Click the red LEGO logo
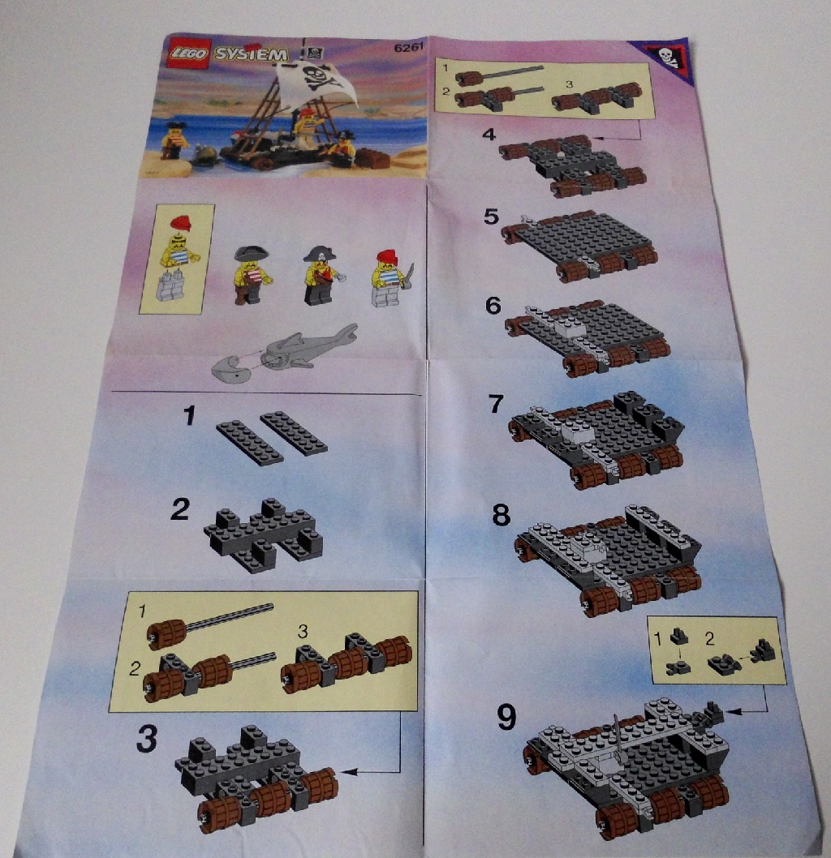[x=188, y=53]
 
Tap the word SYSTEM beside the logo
[x=251, y=54]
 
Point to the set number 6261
[x=408, y=48]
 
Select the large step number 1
[x=189, y=416]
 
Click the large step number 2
[x=180, y=509]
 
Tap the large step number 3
[x=147, y=739]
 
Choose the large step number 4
[x=489, y=134]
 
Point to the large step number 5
[x=491, y=217]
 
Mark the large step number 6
[x=493, y=306]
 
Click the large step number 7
[x=495, y=404]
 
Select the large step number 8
[x=501, y=514]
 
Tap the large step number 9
[x=506, y=717]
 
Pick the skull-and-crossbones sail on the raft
[x=316, y=82]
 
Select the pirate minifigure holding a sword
[x=391, y=278]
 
